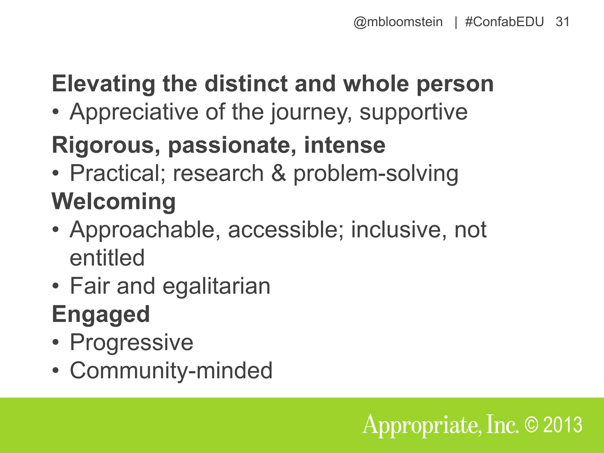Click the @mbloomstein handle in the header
pyautogui.click(x=398, y=22)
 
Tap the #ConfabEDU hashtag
pyautogui.click(x=504, y=22)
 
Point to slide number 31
pyautogui.click(x=562, y=22)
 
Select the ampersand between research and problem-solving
pyautogui.click(x=278, y=173)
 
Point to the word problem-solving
pyautogui.click(x=376, y=173)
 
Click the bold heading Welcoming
pyautogui.click(x=114, y=201)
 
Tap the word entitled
pyautogui.click(x=107, y=258)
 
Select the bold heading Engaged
pyautogui.click(x=101, y=314)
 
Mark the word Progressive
pyautogui.click(x=132, y=342)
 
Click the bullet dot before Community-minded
pyautogui.click(x=55, y=371)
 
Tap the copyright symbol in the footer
pyautogui.click(x=531, y=425)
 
